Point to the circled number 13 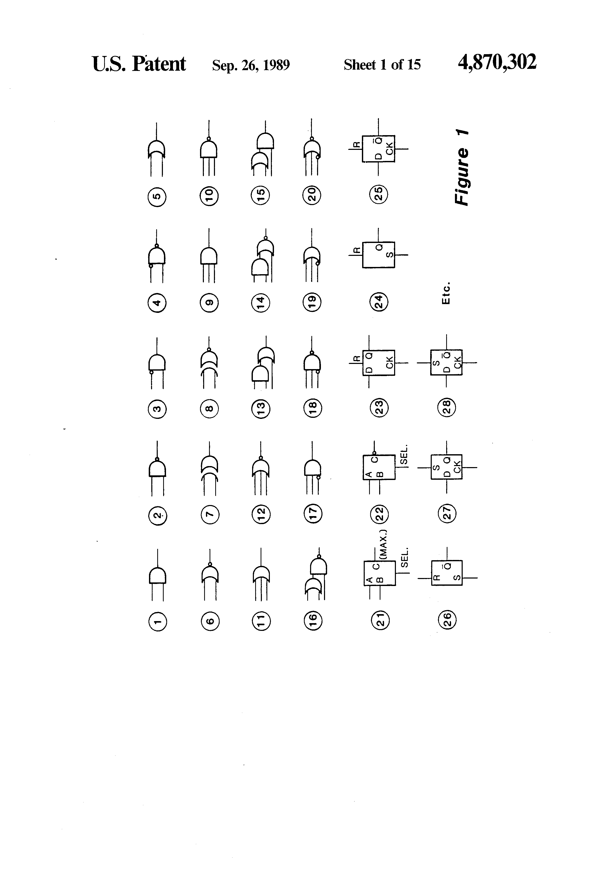pos(261,409)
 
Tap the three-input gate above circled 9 pos(209,256)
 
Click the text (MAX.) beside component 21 pos(383,545)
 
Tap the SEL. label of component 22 pos(403,454)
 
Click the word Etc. pos(446,293)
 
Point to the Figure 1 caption pos(462,168)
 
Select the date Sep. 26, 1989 pos(251,65)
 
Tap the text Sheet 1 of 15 pos(382,65)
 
